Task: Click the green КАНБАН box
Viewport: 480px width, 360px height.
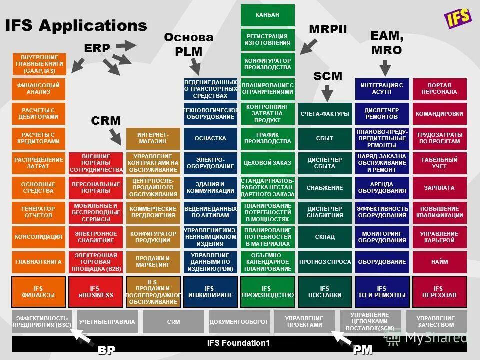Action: pos(267,15)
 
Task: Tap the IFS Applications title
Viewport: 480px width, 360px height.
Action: pos(76,26)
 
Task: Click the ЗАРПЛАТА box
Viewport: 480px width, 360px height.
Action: pos(439,188)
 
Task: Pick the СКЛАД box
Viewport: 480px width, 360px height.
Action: pos(325,237)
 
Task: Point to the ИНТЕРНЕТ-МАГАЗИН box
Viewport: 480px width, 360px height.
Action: pos(153,139)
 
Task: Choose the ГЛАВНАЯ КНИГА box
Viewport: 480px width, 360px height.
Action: pos(39,261)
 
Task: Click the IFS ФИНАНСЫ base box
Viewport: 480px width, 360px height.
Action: pos(39,292)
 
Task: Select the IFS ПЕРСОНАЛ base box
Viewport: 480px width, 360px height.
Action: pos(439,292)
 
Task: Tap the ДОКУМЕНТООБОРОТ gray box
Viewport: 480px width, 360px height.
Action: pos(239,322)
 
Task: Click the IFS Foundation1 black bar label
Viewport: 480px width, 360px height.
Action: pos(238,343)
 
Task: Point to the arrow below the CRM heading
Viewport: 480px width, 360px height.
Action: pos(115,136)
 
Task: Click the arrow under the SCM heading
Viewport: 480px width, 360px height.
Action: pos(327,93)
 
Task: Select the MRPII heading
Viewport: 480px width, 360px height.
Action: pos(327,29)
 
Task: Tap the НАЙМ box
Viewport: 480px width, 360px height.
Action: pos(439,261)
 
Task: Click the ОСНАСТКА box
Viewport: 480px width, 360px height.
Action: pos(210,139)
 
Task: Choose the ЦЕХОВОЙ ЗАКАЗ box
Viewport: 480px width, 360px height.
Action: pos(267,163)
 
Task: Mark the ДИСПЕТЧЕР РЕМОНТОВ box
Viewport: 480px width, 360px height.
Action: pos(382,114)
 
